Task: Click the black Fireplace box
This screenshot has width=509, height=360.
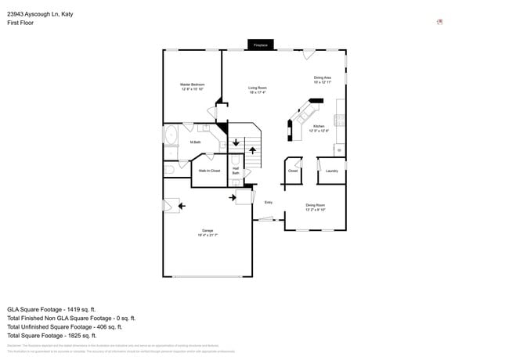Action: [260, 45]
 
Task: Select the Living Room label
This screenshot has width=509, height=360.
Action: [258, 90]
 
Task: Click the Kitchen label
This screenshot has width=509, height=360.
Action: [319, 128]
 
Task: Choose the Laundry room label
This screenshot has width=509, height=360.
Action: [331, 171]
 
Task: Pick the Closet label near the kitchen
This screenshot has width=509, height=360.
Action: [293, 171]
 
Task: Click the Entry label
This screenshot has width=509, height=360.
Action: [268, 203]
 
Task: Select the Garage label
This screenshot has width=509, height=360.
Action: [208, 232]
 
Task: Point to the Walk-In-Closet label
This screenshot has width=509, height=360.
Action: [209, 171]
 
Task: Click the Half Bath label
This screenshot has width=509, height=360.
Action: [236, 171]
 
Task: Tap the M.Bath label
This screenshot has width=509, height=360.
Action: [196, 142]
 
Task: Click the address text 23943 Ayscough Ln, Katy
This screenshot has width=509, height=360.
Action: [40, 13]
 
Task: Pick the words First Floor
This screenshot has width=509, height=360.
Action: [21, 23]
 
